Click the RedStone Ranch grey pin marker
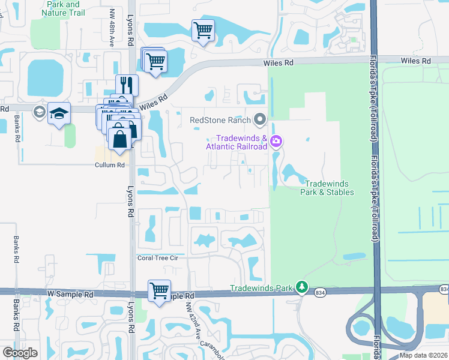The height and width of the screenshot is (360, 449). pos(260,119)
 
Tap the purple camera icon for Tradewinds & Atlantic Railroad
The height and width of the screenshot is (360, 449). pos(277,142)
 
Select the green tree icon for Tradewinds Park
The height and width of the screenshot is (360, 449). pos(303,288)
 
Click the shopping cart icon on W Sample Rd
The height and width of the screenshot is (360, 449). pos(159,290)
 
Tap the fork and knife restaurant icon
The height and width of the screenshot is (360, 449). pos(127,84)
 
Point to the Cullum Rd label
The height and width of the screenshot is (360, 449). pos(109,165)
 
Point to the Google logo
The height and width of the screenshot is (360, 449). pos(20,352)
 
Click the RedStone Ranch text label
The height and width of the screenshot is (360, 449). pos(220,119)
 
